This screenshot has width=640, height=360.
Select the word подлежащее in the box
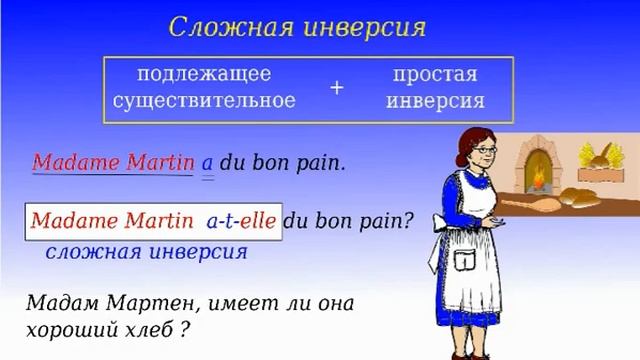tap(204, 75)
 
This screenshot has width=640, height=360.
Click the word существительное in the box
tap(204, 100)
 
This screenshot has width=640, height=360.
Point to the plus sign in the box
tap(336, 88)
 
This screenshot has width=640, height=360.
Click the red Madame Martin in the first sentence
tap(112, 161)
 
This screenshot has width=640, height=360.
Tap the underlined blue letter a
tap(208, 162)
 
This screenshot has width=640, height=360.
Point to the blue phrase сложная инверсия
tap(146, 250)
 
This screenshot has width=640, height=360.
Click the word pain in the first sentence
tap(322, 162)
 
